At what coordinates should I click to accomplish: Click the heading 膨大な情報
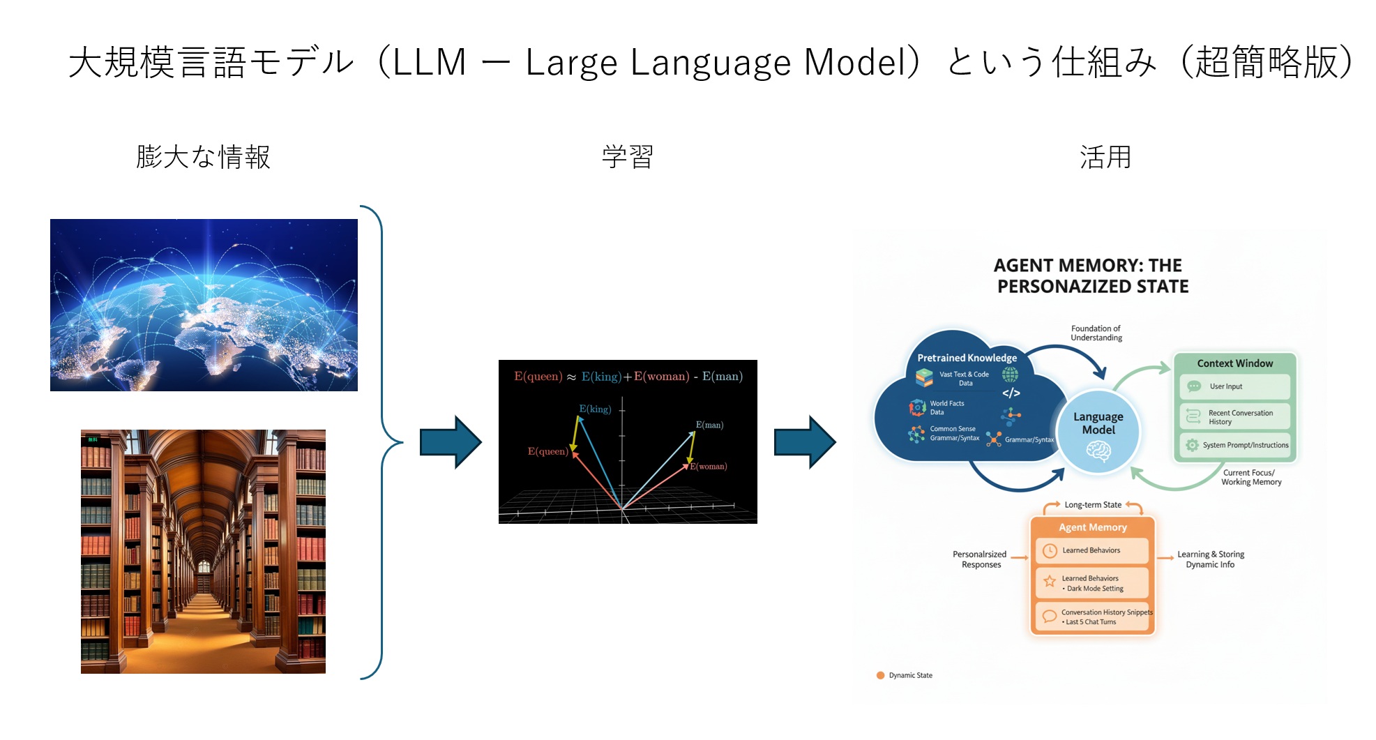point(203,157)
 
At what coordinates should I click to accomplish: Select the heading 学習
point(627,157)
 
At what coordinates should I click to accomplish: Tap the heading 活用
point(1105,157)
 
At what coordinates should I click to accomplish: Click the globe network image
point(204,305)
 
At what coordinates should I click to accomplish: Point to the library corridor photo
point(203,551)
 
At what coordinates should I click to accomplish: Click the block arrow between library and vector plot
point(451,442)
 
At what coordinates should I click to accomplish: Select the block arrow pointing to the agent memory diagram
point(805,442)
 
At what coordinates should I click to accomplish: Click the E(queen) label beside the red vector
point(547,451)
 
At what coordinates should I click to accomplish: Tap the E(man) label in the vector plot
point(709,425)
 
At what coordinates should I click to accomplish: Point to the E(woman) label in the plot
point(709,466)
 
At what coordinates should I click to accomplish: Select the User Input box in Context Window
point(1234,386)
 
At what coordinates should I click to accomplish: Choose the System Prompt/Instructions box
point(1235,445)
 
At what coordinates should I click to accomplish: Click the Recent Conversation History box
point(1235,417)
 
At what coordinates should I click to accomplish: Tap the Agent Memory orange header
point(1092,527)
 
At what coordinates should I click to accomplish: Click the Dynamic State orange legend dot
point(880,675)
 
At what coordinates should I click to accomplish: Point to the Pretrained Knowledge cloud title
point(967,358)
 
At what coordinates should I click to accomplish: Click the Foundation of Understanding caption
point(1096,333)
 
